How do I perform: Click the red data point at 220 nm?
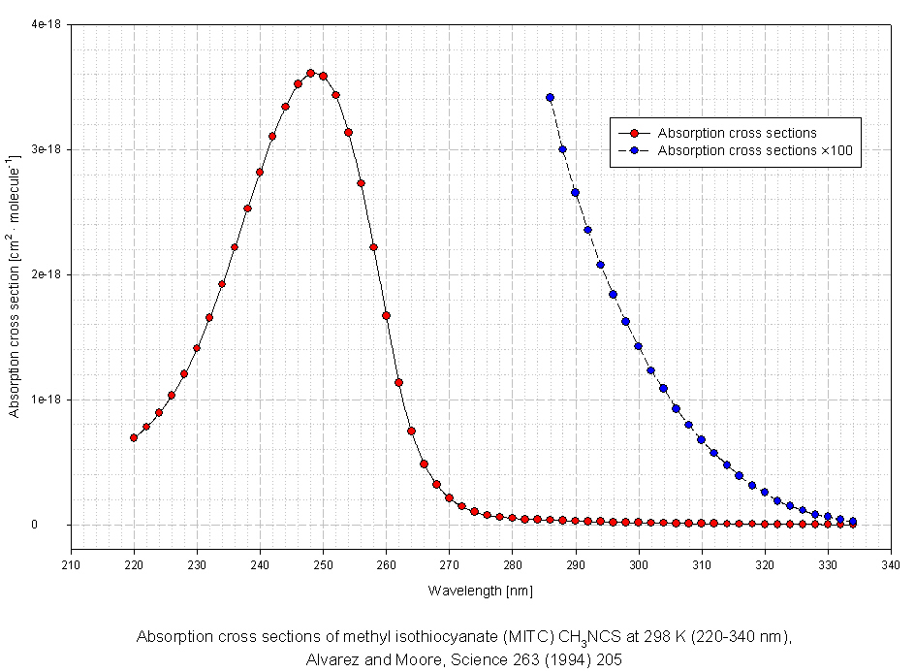point(134,437)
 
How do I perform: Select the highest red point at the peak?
point(310,73)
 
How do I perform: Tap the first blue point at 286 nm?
point(550,97)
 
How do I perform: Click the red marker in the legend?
point(634,133)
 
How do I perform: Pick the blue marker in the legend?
point(634,151)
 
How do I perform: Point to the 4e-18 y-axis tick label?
point(47,24)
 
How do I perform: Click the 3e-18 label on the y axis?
point(47,149)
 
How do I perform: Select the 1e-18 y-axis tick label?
point(47,400)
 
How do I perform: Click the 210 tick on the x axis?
point(71,563)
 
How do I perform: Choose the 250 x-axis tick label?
point(323,563)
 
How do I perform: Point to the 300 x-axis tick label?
point(638,563)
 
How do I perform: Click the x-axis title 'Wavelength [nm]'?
point(480,590)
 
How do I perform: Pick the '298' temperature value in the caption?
point(633,637)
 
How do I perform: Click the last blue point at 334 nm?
point(852,521)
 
